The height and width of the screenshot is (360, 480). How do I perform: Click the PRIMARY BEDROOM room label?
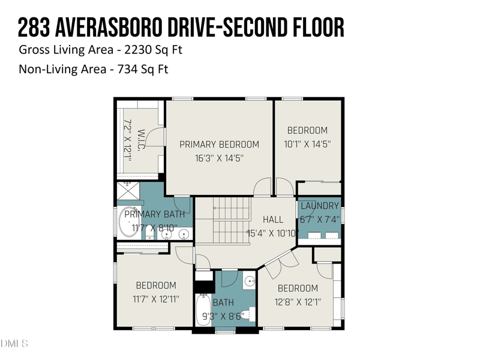[x=220, y=145]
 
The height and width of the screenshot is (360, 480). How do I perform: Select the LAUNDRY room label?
[x=320, y=206]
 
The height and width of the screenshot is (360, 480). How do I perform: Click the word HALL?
[x=273, y=220]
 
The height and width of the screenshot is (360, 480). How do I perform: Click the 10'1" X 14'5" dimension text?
[x=307, y=144]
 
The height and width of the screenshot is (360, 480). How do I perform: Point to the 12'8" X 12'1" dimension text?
[x=298, y=302]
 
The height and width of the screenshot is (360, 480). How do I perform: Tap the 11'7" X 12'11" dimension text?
[x=156, y=298]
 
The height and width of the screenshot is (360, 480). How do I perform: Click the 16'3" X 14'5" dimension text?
[x=220, y=158]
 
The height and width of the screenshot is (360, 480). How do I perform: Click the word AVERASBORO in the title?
[x=121, y=27]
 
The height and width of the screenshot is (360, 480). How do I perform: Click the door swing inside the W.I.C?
[x=155, y=136]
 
